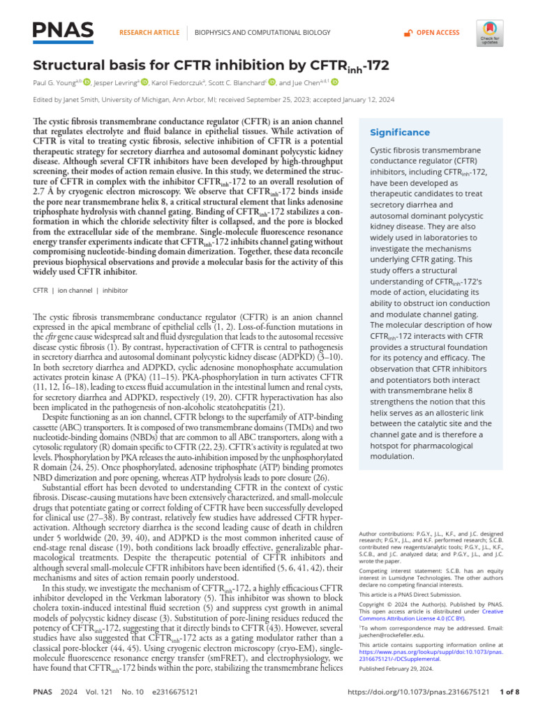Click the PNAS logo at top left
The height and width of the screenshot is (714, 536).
coord(64,30)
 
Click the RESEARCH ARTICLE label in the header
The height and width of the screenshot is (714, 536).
coord(149,33)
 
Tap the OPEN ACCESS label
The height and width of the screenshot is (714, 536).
coord(438,33)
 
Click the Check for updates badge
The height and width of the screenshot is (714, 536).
coord(489,33)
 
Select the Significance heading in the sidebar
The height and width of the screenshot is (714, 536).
coord(399,132)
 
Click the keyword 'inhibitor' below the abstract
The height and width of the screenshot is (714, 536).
coord(116,289)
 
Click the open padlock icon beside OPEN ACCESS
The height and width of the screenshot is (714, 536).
coord(408,33)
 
